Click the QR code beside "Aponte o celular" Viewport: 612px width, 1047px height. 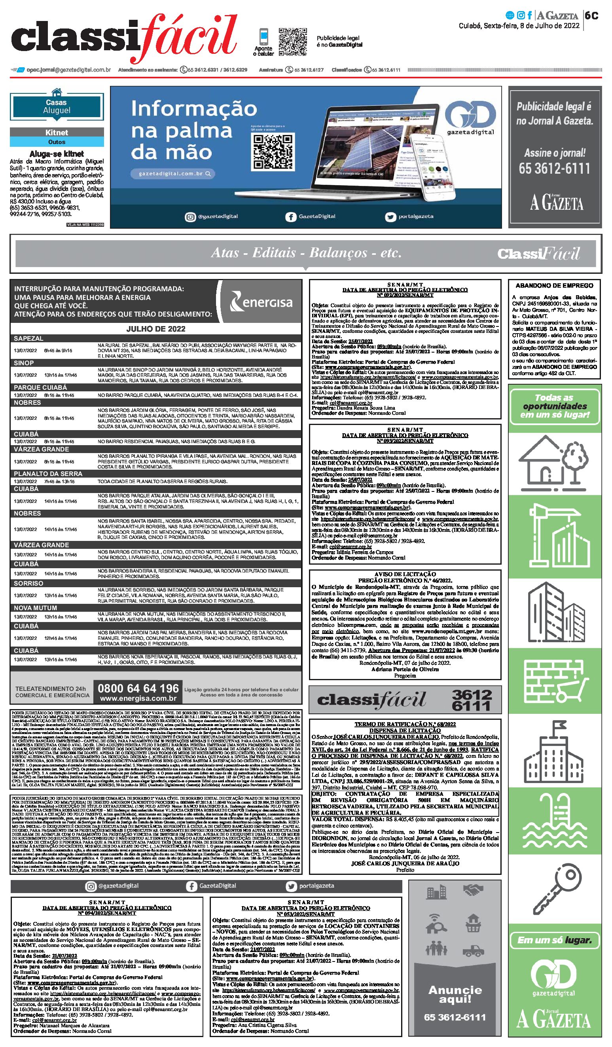(292, 42)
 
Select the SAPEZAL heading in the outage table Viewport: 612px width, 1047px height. (28, 339)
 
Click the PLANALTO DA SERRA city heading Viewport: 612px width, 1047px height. (48, 474)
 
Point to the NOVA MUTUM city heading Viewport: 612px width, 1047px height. (35, 608)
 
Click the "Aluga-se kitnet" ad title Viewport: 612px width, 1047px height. (57, 154)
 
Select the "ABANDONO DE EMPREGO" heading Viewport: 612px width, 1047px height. (554, 286)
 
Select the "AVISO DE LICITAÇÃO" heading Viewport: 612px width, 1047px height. (405, 574)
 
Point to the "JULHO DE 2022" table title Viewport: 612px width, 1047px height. (156, 329)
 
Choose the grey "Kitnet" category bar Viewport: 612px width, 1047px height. (57, 133)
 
